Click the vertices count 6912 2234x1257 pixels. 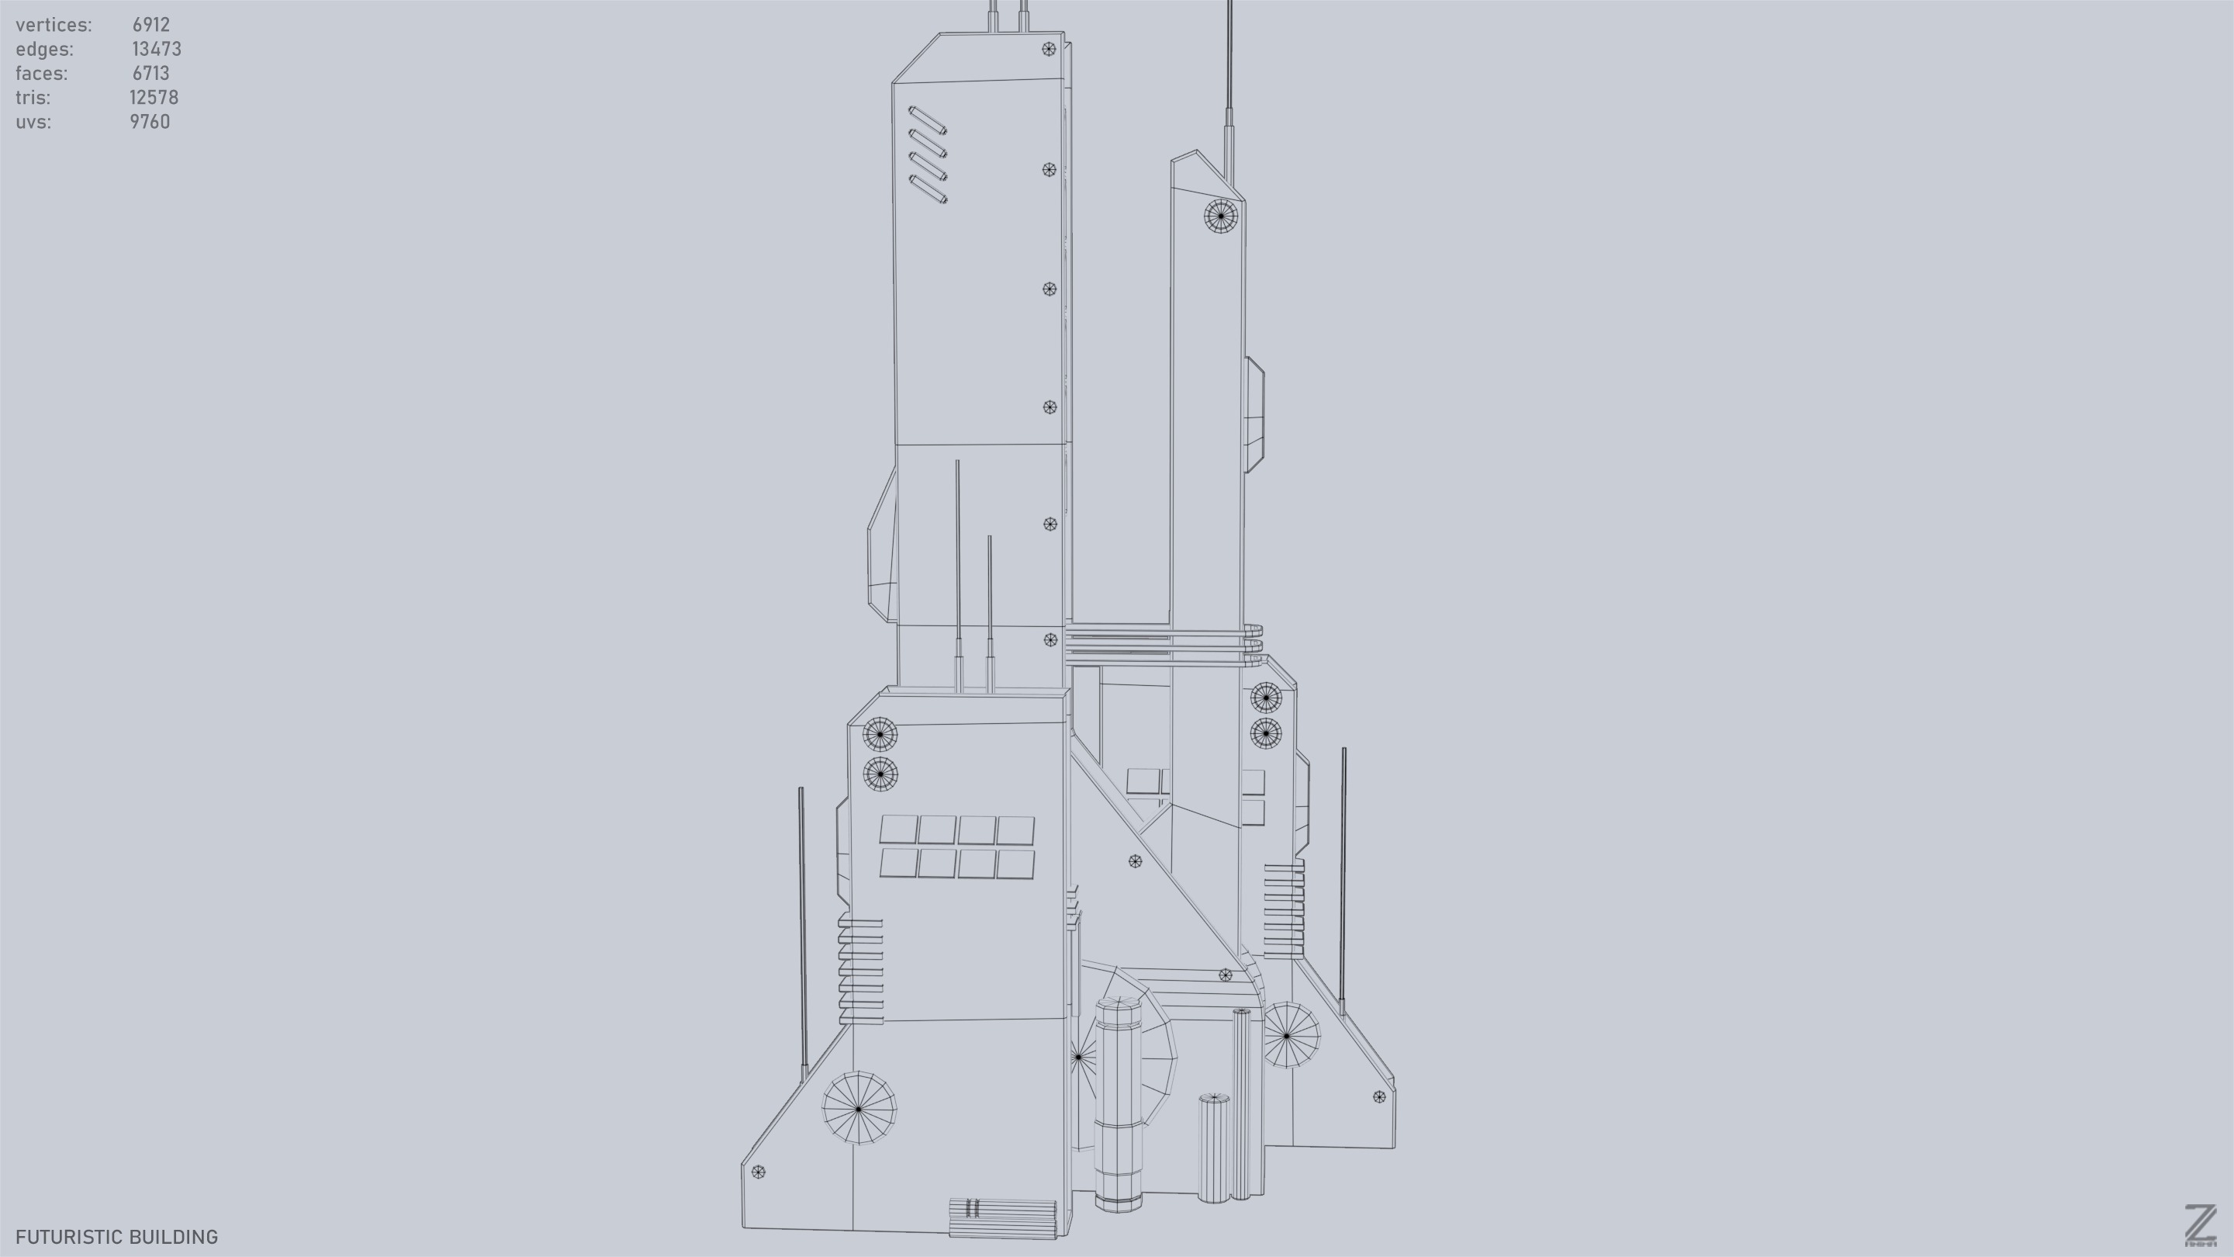click(151, 25)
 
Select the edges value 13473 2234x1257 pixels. click(156, 50)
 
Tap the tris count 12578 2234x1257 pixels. click(154, 98)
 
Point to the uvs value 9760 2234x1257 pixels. click(150, 123)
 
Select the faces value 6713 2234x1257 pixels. click(151, 74)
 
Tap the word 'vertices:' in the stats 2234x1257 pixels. click(54, 25)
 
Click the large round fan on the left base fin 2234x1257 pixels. click(859, 1108)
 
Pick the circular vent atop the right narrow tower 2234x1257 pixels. click(1221, 215)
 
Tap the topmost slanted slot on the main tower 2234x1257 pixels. click(927, 120)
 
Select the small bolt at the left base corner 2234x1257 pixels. click(758, 1172)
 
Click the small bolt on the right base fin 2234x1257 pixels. click(1379, 1096)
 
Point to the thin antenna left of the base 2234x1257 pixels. click(802, 928)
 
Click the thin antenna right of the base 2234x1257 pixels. click(1344, 876)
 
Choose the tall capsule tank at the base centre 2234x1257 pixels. click(1117, 1103)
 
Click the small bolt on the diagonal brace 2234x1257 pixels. click(1135, 861)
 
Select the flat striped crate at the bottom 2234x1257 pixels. click(1002, 1218)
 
